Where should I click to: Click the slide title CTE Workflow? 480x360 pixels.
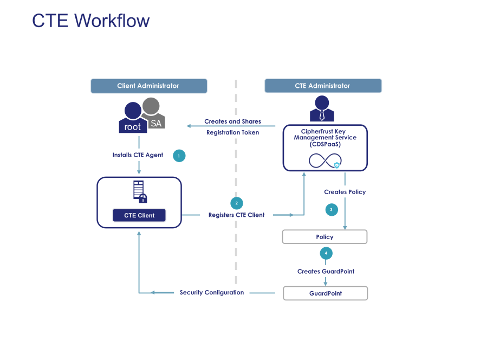[90, 21]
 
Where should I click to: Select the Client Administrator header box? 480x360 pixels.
[148, 86]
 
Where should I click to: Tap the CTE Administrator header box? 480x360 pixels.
[322, 86]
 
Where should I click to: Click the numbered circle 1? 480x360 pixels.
[179, 156]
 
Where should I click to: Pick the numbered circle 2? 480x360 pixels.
[236, 203]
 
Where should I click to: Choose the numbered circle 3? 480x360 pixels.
[331, 209]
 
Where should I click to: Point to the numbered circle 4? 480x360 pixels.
[326, 253]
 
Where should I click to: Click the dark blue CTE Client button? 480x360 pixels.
[139, 215]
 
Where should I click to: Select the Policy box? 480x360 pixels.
[325, 237]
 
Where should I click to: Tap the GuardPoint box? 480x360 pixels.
[325, 293]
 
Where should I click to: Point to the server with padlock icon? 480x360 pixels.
[140, 191]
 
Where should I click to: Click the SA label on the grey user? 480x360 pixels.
[156, 123]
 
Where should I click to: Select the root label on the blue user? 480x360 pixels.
[133, 127]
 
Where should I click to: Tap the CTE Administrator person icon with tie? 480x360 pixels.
[321, 109]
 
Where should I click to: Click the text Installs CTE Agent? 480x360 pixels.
[138, 155]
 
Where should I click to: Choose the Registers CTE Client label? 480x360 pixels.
[236, 215]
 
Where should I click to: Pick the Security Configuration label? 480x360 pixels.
[212, 293]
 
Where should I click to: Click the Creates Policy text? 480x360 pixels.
[345, 192]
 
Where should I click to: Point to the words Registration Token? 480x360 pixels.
[232, 132]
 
